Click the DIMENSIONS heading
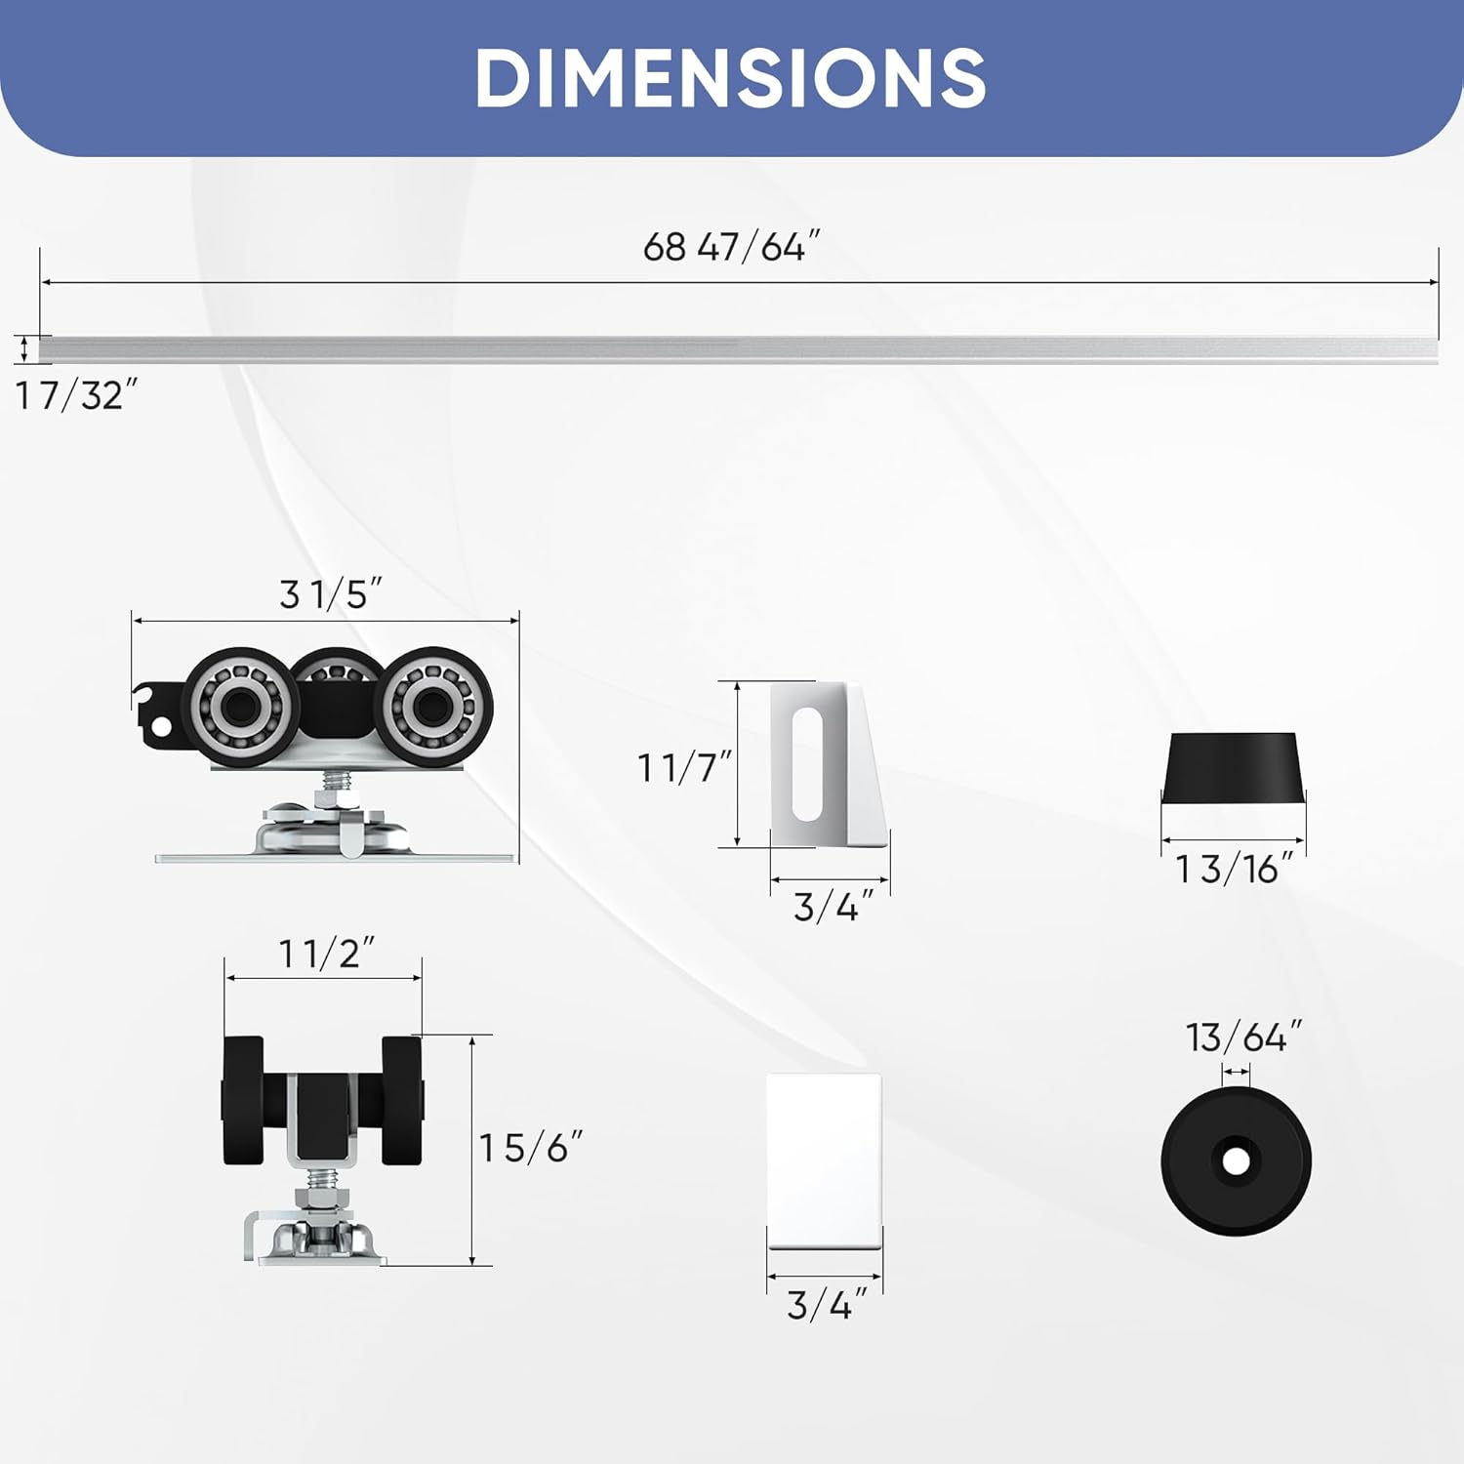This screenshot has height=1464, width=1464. pos(730,78)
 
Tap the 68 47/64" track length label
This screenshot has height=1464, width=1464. pos(731,247)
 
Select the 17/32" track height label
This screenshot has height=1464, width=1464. pos(76,396)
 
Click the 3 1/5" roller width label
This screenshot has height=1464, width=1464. pos(330,594)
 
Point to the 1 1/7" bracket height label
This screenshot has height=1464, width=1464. pos(684,768)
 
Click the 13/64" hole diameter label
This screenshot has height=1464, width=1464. pos(1243,1037)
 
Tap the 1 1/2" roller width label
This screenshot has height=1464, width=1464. pos(327,954)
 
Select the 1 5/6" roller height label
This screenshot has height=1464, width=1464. pos(531,1148)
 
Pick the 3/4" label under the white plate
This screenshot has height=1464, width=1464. pos(827,1305)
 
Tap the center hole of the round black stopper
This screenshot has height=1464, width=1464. pos(1236,1161)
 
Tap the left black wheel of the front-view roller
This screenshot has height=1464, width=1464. pos(243,1100)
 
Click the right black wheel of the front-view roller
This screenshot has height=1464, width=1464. pos(402,1100)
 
